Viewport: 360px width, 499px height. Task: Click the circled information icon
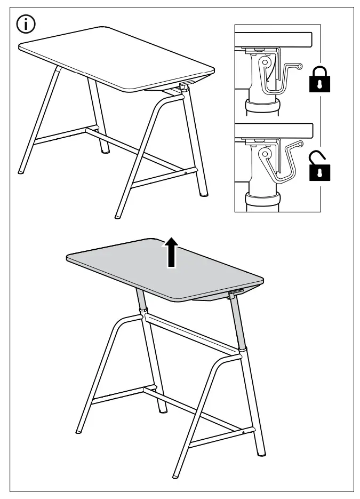(x=26, y=25)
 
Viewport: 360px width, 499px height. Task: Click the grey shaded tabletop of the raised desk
(x=160, y=267)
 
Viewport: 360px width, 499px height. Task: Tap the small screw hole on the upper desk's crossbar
(x=185, y=172)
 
